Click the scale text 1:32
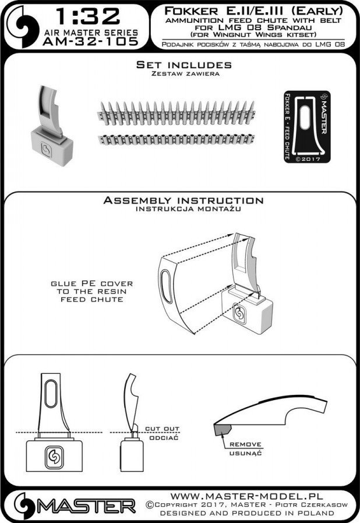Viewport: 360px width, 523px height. coord(88,16)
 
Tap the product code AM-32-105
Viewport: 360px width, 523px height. coord(90,41)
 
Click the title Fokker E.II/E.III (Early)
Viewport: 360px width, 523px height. coord(253,11)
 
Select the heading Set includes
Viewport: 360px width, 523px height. coord(184,65)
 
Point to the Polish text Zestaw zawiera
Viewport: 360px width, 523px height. coord(185,74)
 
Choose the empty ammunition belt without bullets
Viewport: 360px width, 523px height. coord(176,139)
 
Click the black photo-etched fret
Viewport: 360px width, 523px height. coord(307,127)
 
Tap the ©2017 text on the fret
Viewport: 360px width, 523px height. coord(308,159)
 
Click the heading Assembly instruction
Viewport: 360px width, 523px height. coord(183,200)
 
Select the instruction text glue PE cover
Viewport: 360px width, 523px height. coord(92,284)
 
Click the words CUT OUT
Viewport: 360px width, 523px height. coord(162,429)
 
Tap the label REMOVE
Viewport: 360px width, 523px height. coord(245,444)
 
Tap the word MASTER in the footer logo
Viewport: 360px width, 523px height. coord(86,506)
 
